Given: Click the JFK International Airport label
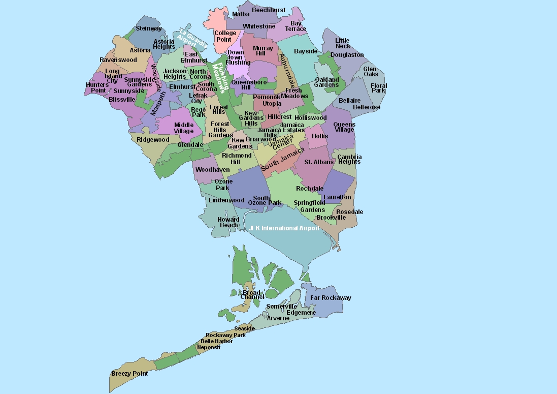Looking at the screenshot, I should [x=284, y=228].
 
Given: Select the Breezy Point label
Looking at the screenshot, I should [x=129, y=374].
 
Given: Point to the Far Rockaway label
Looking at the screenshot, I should [x=331, y=298].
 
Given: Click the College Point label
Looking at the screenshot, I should [x=225, y=36].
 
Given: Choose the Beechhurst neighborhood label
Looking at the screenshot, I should [x=269, y=10].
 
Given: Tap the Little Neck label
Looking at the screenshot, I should [x=343, y=43].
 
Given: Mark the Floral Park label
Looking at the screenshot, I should [x=379, y=88].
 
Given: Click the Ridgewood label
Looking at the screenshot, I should [x=153, y=140].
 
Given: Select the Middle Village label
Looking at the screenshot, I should [x=184, y=128].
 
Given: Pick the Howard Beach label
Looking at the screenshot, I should [x=228, y=223].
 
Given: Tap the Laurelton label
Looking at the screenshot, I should [x=337, y=197].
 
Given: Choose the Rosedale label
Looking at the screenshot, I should [x=349, y=211].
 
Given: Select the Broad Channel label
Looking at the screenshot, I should [x=252, y=295].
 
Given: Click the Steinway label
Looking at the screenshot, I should [x=149, y=28].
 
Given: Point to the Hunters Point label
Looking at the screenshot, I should [x=97, y=87].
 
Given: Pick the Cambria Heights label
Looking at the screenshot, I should [x=349, y=159].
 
